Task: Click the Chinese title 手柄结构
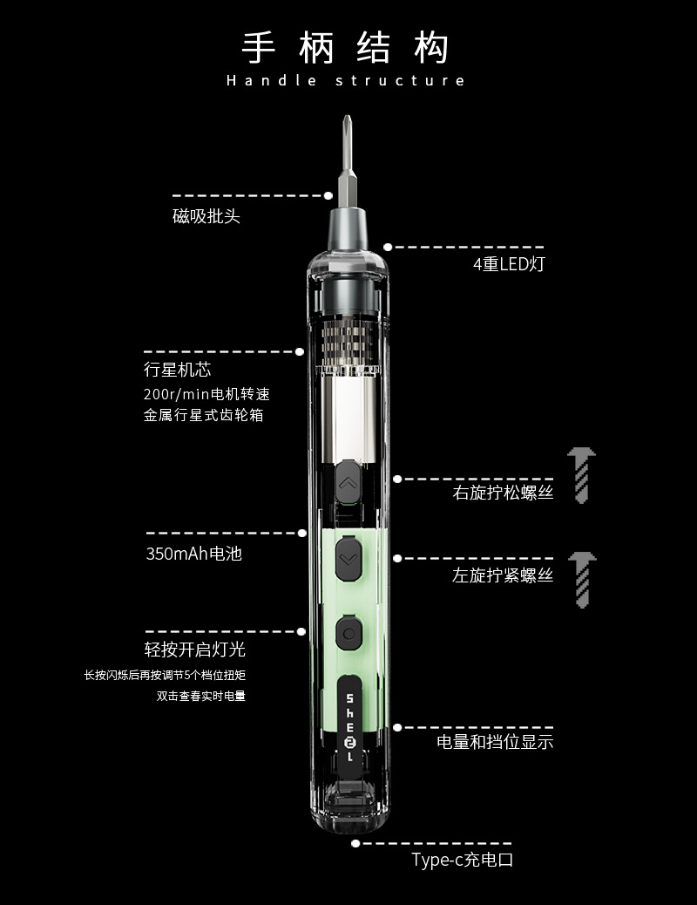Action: (x=345, y=48)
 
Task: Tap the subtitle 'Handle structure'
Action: (x=346, y=80)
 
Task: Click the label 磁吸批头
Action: (x=206, y=216)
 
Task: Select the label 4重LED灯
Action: (x=509, y=264)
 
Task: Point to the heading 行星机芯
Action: (x=177, y=370)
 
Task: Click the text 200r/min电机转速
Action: (x=206, y=394)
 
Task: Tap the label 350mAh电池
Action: (x=194, y=554)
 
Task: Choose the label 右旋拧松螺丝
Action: (x=503, y=493)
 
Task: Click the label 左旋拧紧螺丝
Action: (x=503, y=575)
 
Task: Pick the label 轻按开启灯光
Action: (x=195, y=650)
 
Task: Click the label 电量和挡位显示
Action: (x=495, y=742)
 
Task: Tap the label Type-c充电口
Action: (x=462, y=860)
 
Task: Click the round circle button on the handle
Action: (x=348, y=634)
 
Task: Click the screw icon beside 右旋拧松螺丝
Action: (x=582, y=475)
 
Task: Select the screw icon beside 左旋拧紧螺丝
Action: (x=582, y=580)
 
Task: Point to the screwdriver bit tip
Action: (x=347, y=117)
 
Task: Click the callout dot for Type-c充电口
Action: (x=356, y=843)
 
